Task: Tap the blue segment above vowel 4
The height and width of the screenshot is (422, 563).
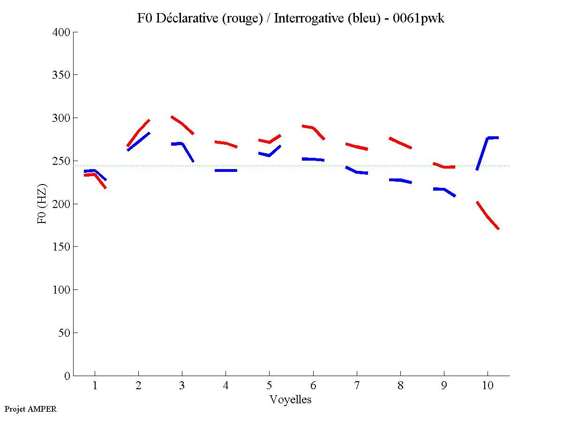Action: (x=225, y=170)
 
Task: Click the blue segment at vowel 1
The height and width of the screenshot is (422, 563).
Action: (x=95, y=170)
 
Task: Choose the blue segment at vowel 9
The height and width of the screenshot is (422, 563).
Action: (x=443, y=189)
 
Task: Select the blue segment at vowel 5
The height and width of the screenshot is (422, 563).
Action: (x=269, y=155)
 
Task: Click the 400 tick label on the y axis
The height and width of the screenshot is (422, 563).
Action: (x=62, y=32)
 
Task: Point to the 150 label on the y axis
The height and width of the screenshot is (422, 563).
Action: (x=62, y=247)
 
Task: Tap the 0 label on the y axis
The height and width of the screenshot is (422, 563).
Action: (x=68, y=376)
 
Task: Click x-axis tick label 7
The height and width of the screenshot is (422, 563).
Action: (x=357, y=386)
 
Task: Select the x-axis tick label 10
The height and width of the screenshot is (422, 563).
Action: (x=488, y=386)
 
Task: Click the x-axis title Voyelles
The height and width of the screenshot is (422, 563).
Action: (x=291, y=400)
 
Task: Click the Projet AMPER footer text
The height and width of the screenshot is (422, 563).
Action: (x=30, y=409)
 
